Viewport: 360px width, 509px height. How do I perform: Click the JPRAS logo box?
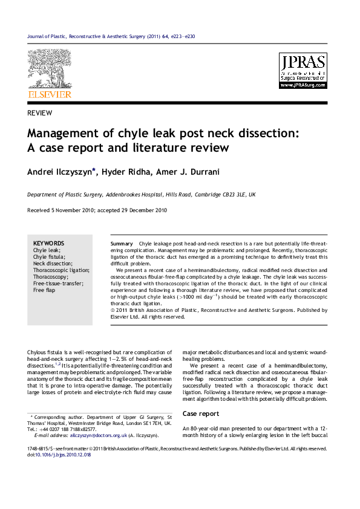pyautogui.click(x=303, y=71)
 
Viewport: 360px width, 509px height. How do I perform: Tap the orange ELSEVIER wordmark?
pyautogui.click(x=50, y=95)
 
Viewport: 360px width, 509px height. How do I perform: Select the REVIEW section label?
pyautogui.click(x=40, y=113)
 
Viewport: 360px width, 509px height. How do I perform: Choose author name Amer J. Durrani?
pyautogui.click(x=188, y=172)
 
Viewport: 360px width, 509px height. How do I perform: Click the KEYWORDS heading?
pyautogui.click(x=48, y=243)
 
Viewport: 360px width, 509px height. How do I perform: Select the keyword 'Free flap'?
pyautogui.click(x=44, y=290)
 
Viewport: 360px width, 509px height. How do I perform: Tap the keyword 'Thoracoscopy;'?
pyautogui.click(x=51, y=276)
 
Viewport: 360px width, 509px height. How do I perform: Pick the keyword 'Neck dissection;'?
pyautogui.click(x=53, y=263)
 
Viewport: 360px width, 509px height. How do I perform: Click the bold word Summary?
pyautogui.click(x=122, y=243)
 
